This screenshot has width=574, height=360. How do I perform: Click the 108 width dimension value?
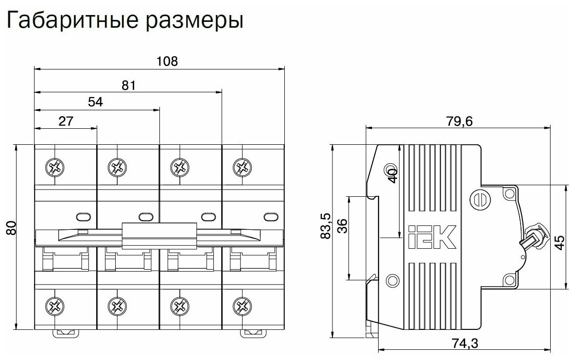(167, 61)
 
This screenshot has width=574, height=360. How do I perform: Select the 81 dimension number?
(128, 85)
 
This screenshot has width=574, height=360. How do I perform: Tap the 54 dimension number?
(96, 102)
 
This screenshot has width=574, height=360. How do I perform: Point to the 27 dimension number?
(66, 121)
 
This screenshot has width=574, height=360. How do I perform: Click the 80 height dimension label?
(11, 228)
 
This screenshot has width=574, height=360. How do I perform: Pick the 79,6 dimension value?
(459, 121)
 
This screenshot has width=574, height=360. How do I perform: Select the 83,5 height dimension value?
(325, 226)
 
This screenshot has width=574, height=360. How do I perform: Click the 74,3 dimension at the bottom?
(465, 343)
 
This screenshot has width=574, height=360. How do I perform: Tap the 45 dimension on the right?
(560, 242)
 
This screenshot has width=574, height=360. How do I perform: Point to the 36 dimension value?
(342, 226)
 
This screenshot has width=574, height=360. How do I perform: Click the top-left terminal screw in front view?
(54, 168)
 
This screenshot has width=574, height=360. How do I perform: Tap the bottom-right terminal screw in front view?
(242, 306)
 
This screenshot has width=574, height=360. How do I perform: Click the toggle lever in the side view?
(535, 239)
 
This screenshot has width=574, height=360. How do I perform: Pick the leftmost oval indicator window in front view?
(84, 217)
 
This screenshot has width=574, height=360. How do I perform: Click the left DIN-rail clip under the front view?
(66, 332)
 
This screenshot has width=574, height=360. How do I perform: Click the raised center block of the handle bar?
(159, 236)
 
